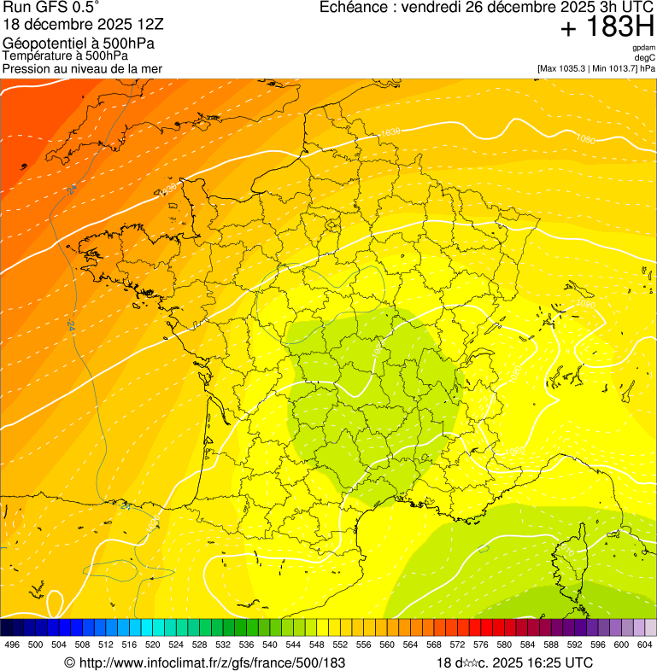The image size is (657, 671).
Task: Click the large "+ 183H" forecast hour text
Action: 607,28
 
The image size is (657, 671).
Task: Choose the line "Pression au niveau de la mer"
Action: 82,68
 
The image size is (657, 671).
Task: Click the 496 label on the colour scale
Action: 12,645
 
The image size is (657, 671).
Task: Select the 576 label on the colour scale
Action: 481,645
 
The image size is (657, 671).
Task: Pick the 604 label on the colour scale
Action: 645,645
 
